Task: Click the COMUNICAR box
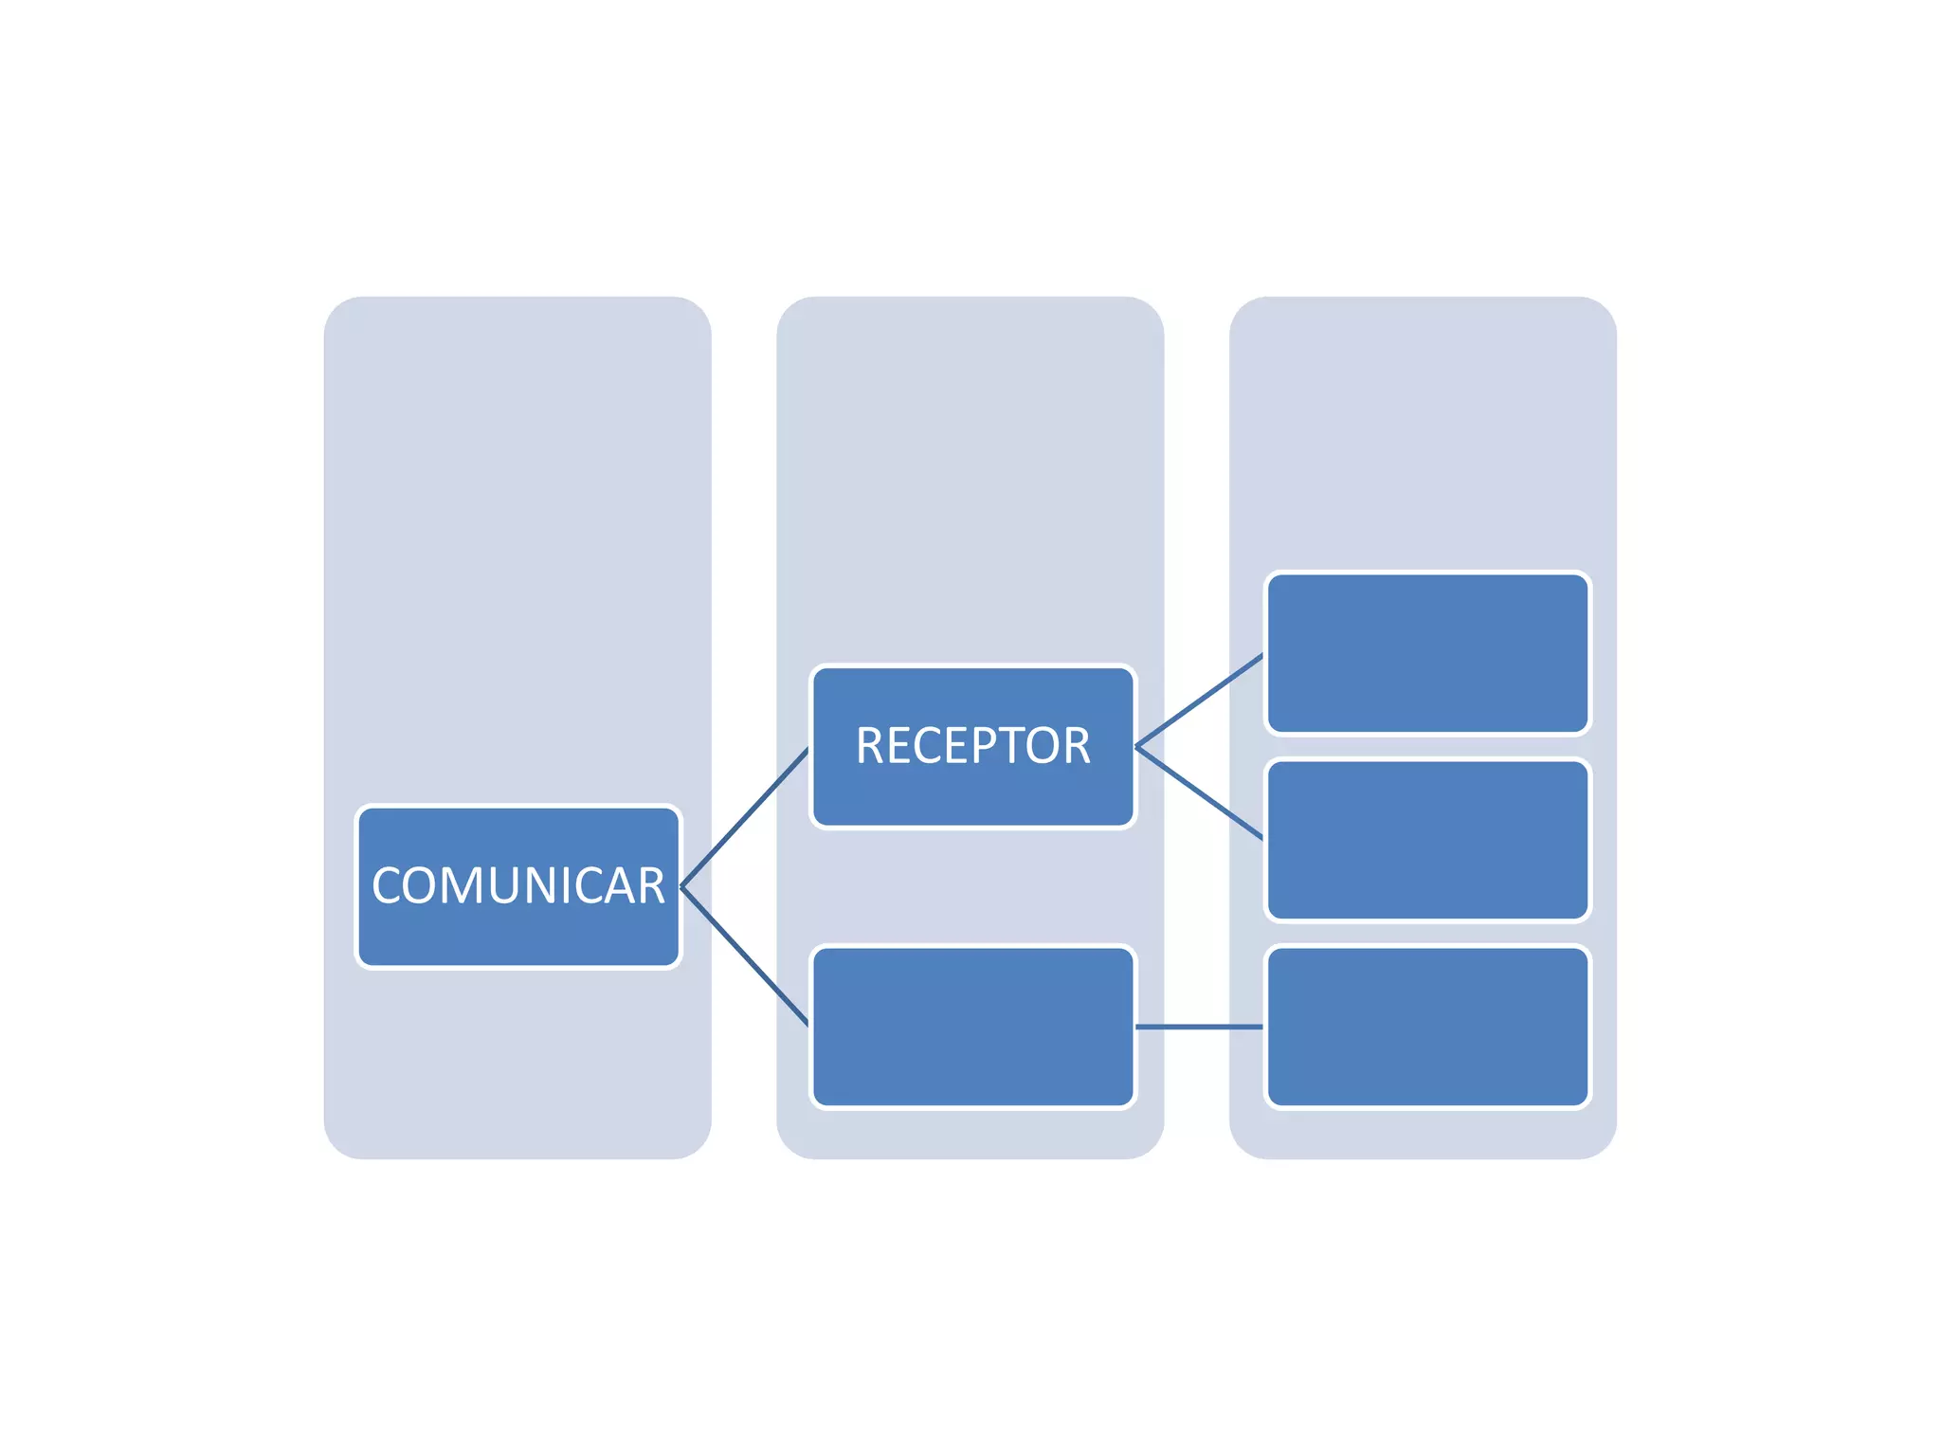[517, 934]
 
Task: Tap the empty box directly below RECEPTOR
[972, 1027]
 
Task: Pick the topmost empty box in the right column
[1427, 653]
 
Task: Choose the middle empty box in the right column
[1427, 840]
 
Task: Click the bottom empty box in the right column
[1427, 1027]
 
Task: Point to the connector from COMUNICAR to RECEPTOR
[745, 817]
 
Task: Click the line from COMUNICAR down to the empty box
[745, 955]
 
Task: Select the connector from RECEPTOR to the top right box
[1199, 701]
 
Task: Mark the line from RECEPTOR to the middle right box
[1199, 793]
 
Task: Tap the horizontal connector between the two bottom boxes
[1199, 1027]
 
